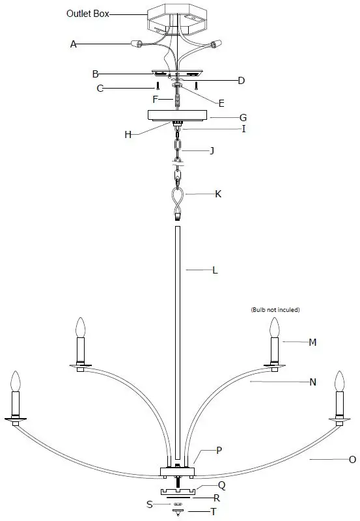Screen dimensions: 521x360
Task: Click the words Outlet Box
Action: coord(87,12)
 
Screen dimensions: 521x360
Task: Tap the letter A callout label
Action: coord(74,44)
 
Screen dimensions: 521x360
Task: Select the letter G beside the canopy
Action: coord(243,118)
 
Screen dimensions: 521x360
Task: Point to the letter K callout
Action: coord(219,194)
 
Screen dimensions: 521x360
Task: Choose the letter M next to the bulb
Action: coord(312,342)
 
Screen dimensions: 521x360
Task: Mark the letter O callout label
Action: coord(352,459)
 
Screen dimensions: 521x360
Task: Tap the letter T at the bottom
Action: coord(212,512)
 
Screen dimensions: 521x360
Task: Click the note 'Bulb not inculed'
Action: coord(275,310)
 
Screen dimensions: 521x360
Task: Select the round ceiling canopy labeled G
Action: coord(178,115)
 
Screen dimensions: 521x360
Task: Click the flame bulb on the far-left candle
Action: coord(16,380)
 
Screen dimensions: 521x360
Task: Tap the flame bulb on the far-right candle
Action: coord(339,381)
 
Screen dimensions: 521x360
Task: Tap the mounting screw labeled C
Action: coord(157,87)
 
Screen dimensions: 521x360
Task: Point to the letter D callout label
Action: coord(241,81)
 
